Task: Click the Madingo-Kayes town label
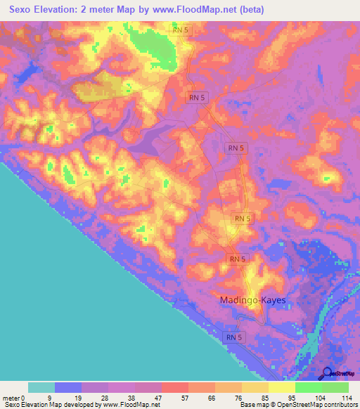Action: point(252,300)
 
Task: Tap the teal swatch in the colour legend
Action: point(41,387)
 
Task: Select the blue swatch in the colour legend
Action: point(67,387)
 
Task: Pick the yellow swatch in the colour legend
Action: point(281,387)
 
